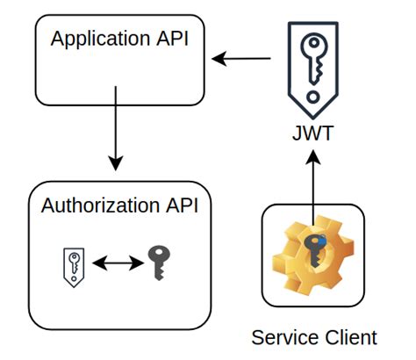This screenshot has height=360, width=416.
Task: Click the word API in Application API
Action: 173,40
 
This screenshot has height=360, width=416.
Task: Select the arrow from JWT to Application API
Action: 243,60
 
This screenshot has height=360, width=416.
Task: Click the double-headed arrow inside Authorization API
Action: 115,263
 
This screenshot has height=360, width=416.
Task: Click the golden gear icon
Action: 312,256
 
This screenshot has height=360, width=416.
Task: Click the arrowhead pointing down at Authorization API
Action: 114,164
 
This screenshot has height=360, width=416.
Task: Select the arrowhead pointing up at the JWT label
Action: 312,157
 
